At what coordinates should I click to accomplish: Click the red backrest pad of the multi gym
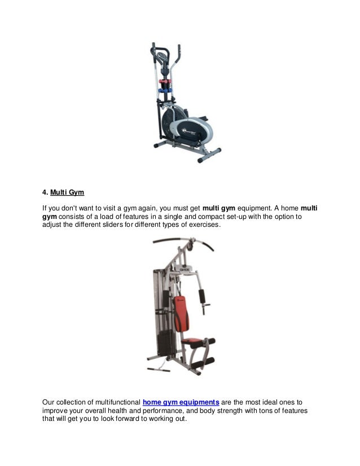point(180,313)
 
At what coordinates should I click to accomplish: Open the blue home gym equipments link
point(181,402)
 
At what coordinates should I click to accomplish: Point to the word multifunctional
point(115,402)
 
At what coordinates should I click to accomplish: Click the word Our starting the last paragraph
point(50,402)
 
